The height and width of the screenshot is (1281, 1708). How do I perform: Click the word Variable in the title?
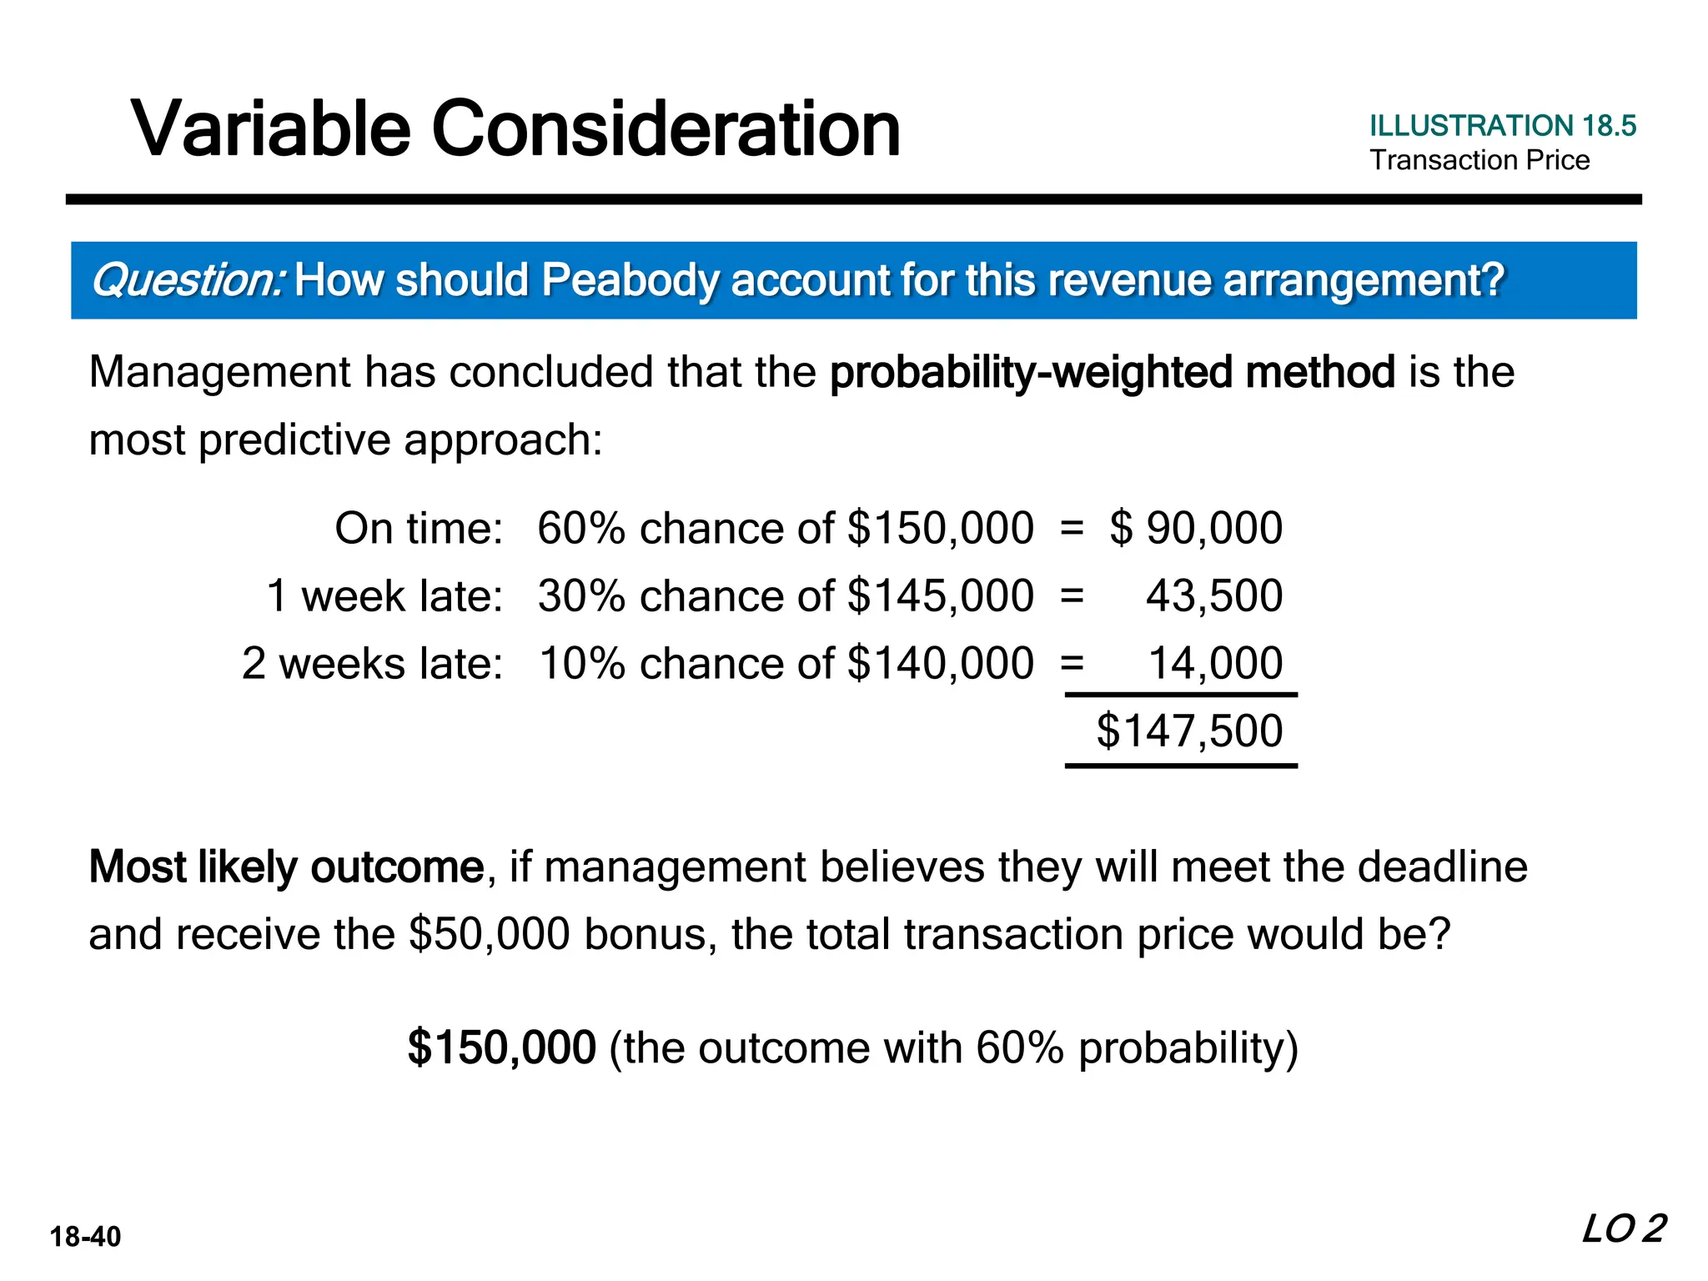point(271,129)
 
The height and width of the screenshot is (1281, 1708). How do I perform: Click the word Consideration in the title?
point(666,129)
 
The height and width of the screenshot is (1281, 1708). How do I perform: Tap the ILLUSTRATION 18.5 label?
point(1502,126)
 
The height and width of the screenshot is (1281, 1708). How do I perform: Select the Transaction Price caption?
point(1479,160)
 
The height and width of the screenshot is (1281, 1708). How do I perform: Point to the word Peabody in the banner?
point(629,280)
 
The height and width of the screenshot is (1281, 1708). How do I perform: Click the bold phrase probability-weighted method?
point(1113,372)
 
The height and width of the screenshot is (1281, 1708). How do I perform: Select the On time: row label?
point(419,529)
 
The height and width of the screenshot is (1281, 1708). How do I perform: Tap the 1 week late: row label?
point(384,596)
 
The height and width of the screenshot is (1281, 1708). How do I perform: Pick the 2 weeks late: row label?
point(372,664)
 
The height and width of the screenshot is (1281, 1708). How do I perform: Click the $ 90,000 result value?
point(1196,529)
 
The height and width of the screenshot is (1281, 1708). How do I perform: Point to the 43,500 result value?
point(1214,596)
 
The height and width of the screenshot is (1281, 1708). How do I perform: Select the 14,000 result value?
point(1216,664)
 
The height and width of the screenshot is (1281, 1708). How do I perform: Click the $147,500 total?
point(1189,731)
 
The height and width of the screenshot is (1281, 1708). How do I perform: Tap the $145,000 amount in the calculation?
point(941,596)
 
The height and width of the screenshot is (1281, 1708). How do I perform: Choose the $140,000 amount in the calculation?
point(941,664)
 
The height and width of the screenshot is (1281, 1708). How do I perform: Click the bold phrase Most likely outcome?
point(286,867)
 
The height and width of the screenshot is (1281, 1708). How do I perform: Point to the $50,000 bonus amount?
point(490,935)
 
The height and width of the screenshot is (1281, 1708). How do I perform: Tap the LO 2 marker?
point(1623,1229)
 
